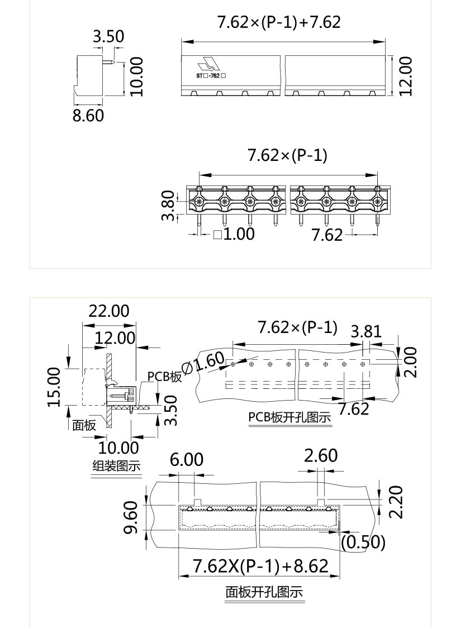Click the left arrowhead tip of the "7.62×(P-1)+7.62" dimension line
182,41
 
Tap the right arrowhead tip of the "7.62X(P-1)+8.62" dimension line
340,577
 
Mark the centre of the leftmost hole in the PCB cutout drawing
233,364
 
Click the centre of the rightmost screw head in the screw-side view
377,201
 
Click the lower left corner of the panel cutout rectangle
179,530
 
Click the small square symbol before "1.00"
217,234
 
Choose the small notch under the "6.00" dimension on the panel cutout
197,502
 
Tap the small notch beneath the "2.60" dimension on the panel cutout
321,502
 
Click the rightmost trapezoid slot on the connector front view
373,93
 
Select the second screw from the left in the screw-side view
224,201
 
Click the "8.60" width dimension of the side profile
88,115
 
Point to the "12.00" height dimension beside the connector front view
405,75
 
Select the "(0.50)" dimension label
363,543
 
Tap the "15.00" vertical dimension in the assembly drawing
54,387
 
